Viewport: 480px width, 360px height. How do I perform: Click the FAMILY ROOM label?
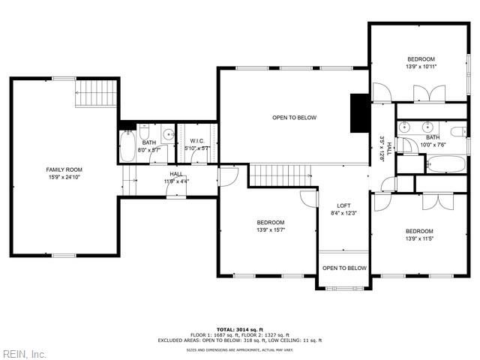64,170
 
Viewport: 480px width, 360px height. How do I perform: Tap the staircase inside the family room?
97,94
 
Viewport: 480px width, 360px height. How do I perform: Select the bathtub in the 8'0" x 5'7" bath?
127,147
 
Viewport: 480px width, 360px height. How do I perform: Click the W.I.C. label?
197,141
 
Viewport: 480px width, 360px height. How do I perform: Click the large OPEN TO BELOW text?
294,118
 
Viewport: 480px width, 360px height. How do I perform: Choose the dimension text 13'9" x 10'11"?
421,67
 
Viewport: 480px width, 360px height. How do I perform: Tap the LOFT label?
343,205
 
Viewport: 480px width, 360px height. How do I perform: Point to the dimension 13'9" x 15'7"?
270,229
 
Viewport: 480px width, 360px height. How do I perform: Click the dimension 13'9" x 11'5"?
419,238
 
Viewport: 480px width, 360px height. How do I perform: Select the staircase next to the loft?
279,175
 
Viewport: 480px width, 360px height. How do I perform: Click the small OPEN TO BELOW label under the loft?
344,268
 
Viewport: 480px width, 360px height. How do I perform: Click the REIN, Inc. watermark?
24,353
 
